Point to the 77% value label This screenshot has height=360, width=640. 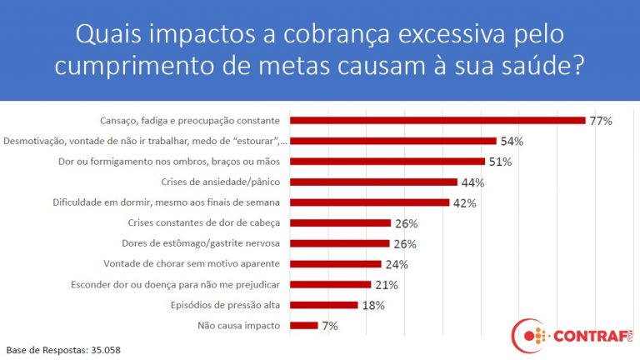click(x=601, y=121)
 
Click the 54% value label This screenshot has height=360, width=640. click(x=512, y=142)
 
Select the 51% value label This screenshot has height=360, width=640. click(x=500, y=162)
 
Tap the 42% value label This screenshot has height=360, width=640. click(x=464, y=202)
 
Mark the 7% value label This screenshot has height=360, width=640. click(x=330, y=326)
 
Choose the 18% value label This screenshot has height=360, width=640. click(x=373, y=305)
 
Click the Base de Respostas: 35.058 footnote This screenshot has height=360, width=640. click(x=63, y=350)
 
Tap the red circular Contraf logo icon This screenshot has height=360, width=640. click(x=527, y=336)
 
